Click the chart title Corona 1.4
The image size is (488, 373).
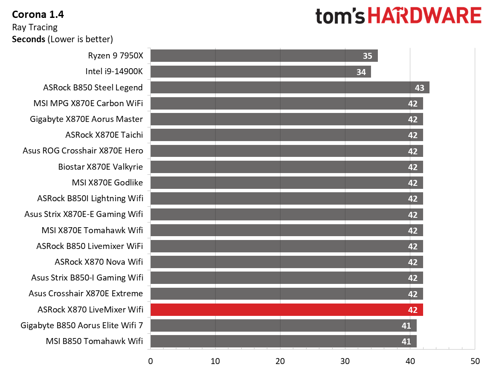click(38, 15)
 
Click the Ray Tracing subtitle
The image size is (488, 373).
click(35, 27)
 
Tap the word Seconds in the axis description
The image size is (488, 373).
click(29, 39)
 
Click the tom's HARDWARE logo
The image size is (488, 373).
click(398, 16)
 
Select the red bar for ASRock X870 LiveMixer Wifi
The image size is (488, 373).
click(286, 309)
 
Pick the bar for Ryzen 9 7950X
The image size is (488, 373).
click(263, 56)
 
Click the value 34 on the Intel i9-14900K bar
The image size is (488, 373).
click(361, 72)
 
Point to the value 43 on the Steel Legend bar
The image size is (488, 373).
click(419, 88)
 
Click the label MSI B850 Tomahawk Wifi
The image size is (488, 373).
click(94, 341)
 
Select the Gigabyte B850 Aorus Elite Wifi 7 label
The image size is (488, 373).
click(82, 325)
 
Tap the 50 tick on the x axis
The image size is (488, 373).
click(475, 361)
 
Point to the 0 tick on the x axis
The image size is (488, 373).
click(150, 361)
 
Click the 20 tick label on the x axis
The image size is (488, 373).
click(280, 361)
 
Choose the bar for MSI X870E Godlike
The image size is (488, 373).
click(286, 183)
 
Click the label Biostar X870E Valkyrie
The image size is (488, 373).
click(100, 167)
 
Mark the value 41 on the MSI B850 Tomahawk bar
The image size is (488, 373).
click(406, 341)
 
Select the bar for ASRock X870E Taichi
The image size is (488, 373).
click(286, 135)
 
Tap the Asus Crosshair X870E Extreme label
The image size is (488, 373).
click(86, 293)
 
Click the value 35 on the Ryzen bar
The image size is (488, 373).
click(368, 56)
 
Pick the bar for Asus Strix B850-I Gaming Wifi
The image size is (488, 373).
click(286, 278)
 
